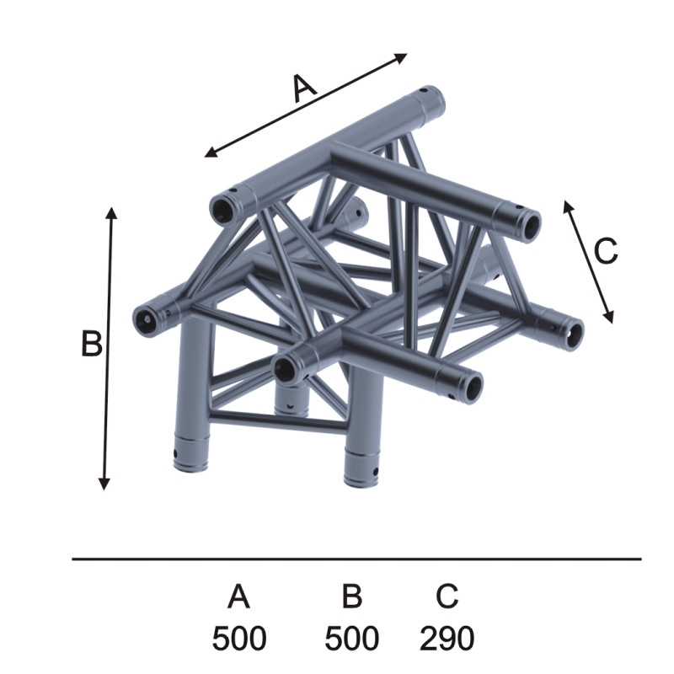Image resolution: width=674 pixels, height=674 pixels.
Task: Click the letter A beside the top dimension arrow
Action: click(x=305, y=88)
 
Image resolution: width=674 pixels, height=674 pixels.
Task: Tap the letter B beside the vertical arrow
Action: click(x=92, y=344)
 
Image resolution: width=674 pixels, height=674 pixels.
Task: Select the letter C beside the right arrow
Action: click(x=606, y=251)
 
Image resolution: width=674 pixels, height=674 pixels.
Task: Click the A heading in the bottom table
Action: click(x=239, y=596)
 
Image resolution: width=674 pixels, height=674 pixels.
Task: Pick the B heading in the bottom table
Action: click(x=352, y=596)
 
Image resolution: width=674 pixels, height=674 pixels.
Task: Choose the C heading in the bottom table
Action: click(x=447, y=596)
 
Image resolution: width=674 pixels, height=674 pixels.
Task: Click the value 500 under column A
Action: click(x=239, y=639)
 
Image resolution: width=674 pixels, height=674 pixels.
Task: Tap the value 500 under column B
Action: click(x=351, y=639)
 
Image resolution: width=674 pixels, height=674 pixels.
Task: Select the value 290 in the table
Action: click(x=447, y=639)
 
